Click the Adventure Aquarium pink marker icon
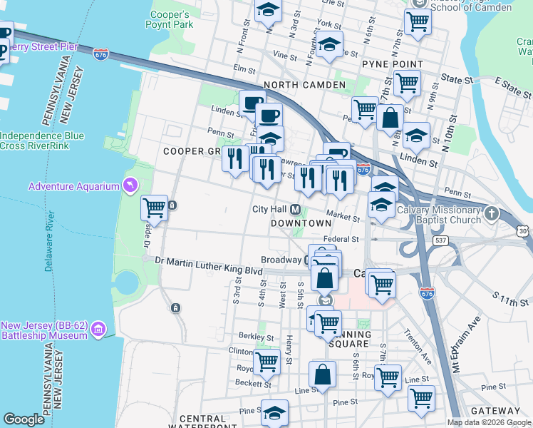point(130,186)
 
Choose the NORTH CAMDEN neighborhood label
point(304,85)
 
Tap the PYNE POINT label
point(393,64)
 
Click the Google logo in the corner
point(24,419)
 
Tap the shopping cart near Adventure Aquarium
point(155,208)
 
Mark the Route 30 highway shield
point(524,230)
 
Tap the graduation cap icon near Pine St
point(274,413)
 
